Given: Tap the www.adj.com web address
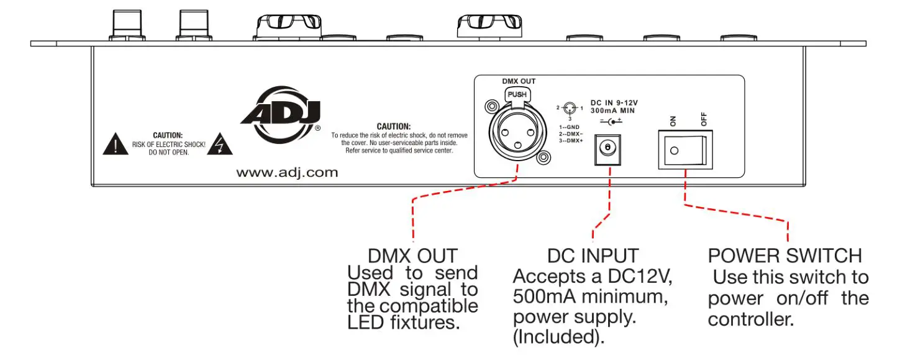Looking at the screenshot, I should click(287, 173).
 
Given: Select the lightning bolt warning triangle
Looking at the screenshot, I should click(221, 145).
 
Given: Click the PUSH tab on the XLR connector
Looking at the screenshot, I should click(517, 94).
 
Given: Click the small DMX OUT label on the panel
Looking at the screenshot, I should click(518, 81).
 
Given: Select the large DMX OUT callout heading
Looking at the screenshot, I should click(412, 255).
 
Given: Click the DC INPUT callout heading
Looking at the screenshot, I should click(593, 255).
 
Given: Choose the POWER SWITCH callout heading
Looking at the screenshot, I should click(784, 255).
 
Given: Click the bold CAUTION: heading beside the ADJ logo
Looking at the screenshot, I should click(394, 127).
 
